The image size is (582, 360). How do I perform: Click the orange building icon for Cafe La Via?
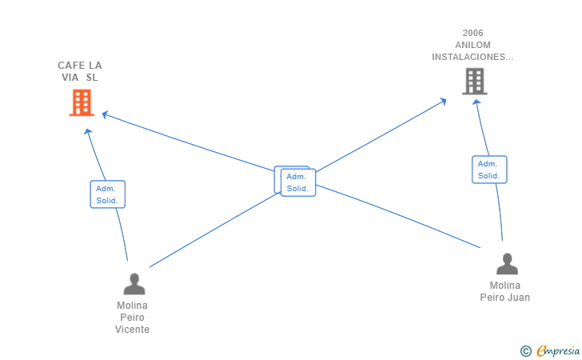coord(81,102)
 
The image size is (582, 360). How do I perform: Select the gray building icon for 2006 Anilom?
coord(474,81)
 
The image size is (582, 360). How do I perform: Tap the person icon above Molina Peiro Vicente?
coord(134,284)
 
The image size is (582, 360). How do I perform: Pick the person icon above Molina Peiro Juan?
coord(507,264)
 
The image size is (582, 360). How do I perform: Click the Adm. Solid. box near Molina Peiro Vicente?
coord(107,194)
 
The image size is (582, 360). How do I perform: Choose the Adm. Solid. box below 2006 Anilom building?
coord(488,170)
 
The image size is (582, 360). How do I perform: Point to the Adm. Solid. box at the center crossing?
coord(297,182)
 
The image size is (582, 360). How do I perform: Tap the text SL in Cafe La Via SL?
coord(92,78)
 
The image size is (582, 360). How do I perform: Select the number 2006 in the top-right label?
coord(472,34)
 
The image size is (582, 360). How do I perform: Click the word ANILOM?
coord(472,45)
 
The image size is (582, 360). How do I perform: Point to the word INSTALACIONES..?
coord(472,57)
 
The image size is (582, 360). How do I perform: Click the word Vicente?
coord(132,329)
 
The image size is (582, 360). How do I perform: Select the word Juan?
coord(519,298)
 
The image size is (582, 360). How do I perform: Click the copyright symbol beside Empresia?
coord(525,350)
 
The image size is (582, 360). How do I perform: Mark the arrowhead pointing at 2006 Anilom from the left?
coord(443,101)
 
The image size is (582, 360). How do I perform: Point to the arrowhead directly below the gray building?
coord(477,102)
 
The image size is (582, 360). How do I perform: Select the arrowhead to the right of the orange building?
coord(105,115)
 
